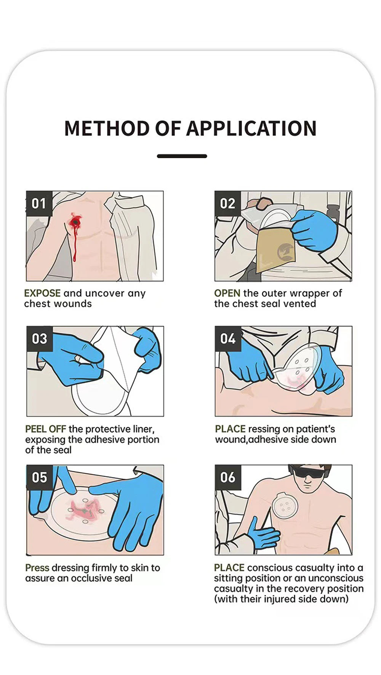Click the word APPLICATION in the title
point(251,128)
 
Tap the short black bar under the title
point(182,156)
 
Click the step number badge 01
point(39,204)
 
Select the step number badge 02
point(227,204)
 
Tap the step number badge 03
point(39,338)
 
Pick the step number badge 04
point(228,338)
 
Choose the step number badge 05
point(39,477)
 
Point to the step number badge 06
point(228,477)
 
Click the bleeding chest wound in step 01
point(75,222)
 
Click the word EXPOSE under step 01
point(42,293)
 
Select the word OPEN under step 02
point(227,293)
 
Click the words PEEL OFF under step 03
point(45,429)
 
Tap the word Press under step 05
point(37,568)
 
